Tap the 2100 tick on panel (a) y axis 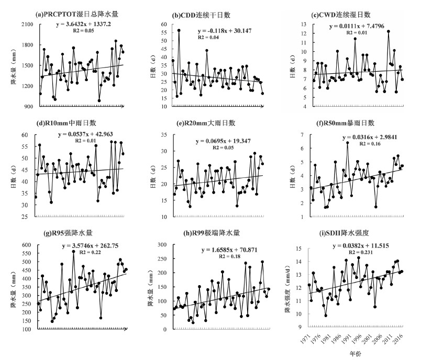[x=27, y=25]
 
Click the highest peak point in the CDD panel [x=179, y=30]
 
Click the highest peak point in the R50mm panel [x=347, y=143]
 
